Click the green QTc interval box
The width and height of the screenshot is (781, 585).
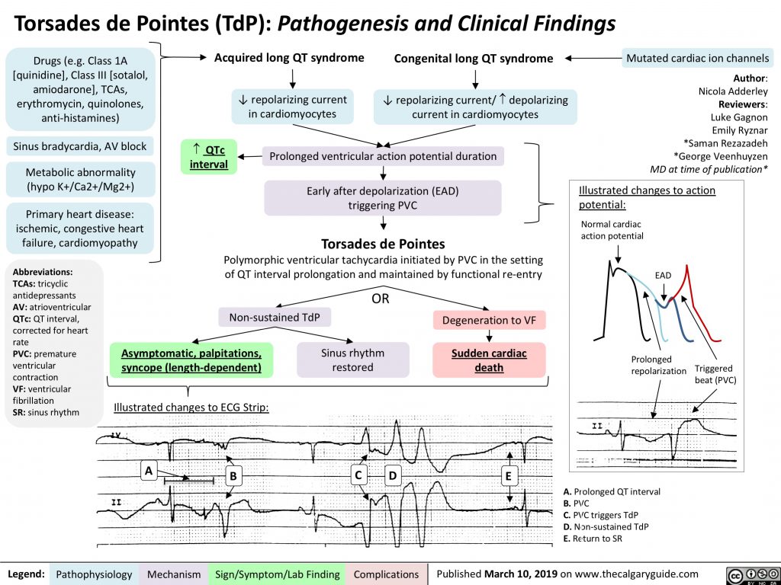point(208,156)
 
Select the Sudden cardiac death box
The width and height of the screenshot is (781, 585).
point(489,360)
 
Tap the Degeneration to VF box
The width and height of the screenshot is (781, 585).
point(489,321)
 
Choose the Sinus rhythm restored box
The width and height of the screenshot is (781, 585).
point(352,360)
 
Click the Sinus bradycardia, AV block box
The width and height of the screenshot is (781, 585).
point(79,146)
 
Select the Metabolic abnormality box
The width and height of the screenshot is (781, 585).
point(80,179)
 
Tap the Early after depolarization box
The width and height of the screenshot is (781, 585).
point(383,198)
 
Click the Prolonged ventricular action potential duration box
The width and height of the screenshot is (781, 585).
point(383,156)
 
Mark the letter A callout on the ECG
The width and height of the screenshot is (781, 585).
point(149,472)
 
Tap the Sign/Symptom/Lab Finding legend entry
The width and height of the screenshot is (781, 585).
point(278,574)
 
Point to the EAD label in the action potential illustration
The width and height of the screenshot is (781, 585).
point(664,276)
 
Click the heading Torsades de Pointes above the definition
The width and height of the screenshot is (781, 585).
point(383,244)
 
